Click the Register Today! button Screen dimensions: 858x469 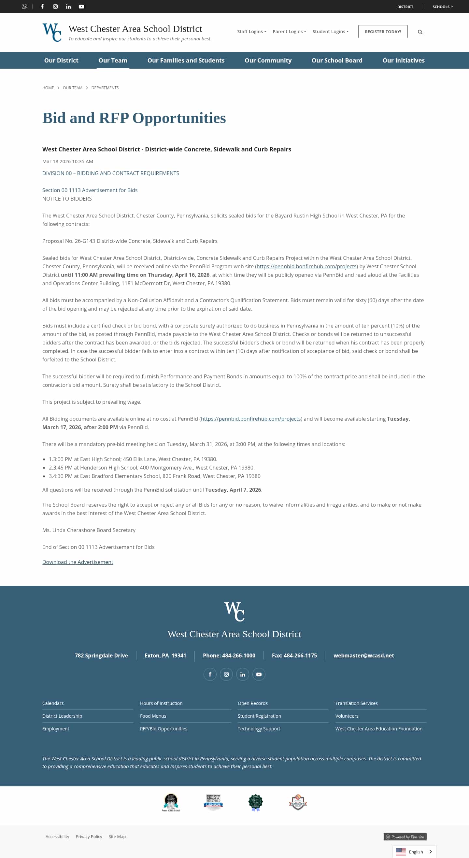(383, 32)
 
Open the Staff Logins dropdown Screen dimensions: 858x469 (251, 32)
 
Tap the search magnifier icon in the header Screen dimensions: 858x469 (420, 32)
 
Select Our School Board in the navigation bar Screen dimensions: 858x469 (337, 60)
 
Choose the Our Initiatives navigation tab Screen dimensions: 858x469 (404, 60)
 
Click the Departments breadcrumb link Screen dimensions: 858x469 (105, 88)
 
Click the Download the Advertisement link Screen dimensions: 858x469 (78, 562)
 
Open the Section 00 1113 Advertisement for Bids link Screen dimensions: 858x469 (90, 190)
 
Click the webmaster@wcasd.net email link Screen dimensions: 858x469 (363, 655)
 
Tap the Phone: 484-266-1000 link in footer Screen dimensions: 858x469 (229, 655)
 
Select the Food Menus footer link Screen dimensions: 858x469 (153, 716)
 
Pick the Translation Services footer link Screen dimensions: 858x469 (356, 703)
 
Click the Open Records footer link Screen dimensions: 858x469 (252, 703)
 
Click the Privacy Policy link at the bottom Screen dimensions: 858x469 (89, 837)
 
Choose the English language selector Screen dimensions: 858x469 (414, 851)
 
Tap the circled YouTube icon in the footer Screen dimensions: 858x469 (259, 674)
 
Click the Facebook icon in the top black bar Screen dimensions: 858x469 (42, 7)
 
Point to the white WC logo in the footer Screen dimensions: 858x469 (234, 612)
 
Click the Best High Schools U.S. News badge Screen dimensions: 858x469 (213, 802)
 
